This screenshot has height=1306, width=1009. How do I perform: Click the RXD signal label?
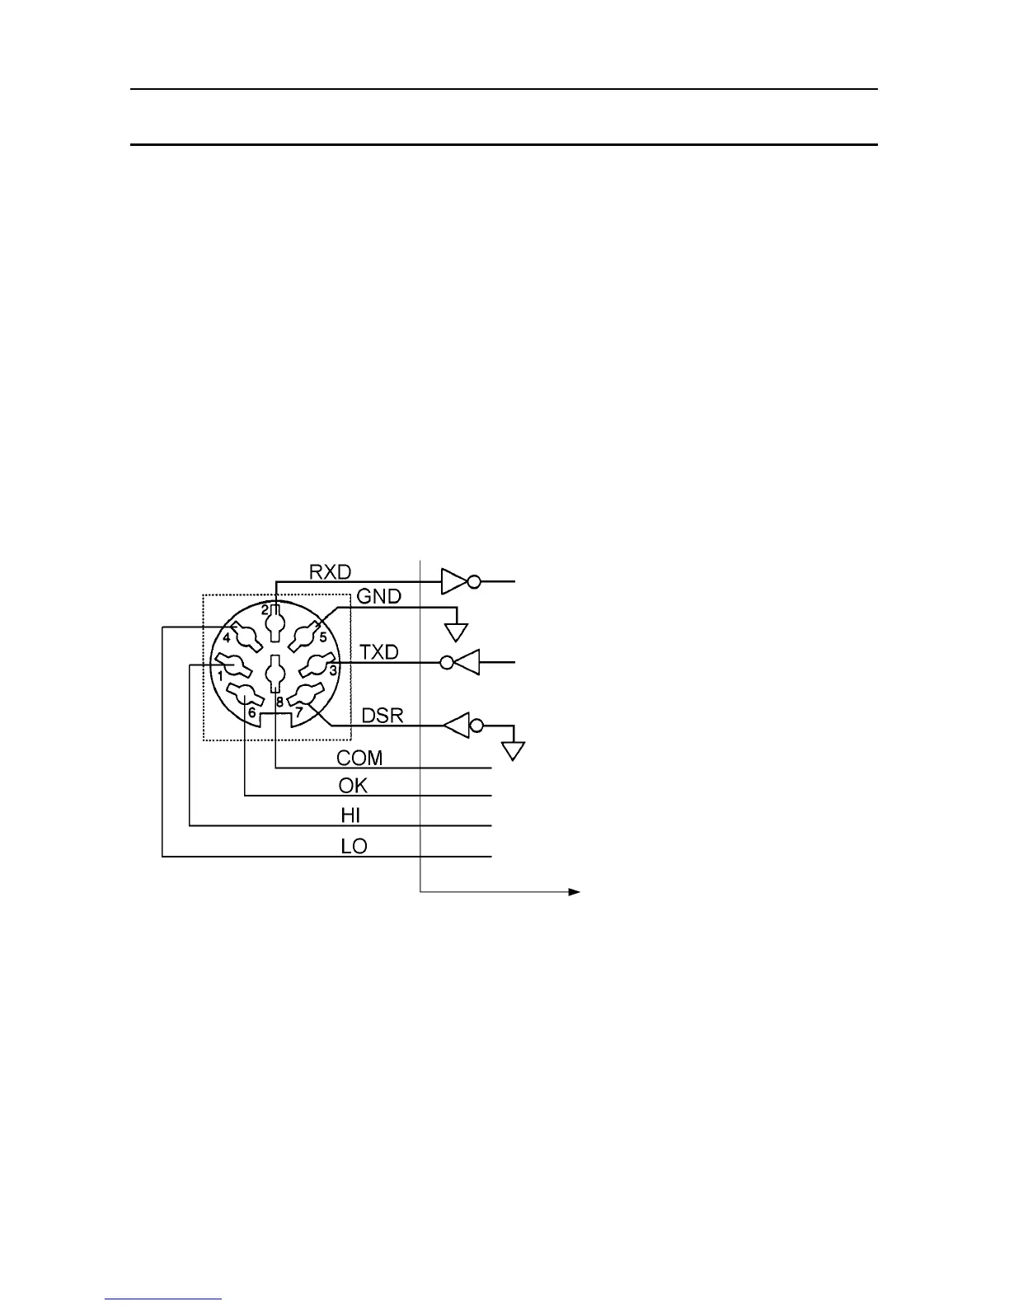click(330, 571)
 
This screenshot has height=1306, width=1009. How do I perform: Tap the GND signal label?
click(378, 595)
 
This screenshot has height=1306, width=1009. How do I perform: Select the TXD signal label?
click(379, 652)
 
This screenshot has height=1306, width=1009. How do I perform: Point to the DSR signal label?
click(383, 715)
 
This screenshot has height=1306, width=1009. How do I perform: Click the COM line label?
click(359, 758)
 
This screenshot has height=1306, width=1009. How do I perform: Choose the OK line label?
click(353, 785)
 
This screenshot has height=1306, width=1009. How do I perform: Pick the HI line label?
click(351, 815)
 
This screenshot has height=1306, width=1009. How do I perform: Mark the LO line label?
click(354, 846)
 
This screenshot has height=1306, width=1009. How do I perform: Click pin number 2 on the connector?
click(265, 610)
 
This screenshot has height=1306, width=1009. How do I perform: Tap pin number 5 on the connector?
click(323, 637)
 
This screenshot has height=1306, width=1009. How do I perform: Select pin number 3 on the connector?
click(332, 671)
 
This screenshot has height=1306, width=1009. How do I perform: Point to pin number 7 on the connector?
click(299, 711)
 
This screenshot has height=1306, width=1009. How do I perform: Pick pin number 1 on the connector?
click(221, 674)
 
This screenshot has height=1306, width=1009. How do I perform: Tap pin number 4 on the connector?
click(227, 637)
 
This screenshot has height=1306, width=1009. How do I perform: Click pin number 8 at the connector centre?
click(279, 702)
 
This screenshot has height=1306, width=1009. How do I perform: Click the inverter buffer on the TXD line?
click(461, 661)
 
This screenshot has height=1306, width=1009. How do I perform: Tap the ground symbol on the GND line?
click(456, 632)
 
